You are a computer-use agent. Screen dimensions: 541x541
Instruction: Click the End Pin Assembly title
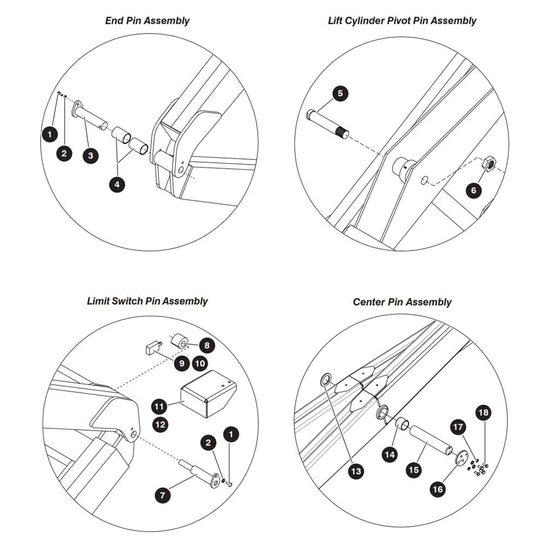point(147,21)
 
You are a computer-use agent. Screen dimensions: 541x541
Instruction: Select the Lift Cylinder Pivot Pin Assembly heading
point(402,21)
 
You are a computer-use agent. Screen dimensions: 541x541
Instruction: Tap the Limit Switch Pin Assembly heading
point(147,301)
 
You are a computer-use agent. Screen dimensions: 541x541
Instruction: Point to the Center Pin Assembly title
point(402,302)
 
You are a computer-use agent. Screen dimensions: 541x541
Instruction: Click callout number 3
point(91,155)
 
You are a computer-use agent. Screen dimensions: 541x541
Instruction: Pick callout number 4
point(117,184)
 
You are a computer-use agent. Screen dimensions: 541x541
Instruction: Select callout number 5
point(340,94)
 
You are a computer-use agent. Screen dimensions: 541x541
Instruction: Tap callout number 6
point(474,190)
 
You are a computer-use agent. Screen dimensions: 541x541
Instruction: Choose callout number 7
point(162,496)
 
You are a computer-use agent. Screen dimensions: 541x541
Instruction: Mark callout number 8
point(207,345)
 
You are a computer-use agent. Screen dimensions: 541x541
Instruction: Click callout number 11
point(159,406)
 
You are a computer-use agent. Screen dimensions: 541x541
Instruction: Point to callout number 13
point(356,471)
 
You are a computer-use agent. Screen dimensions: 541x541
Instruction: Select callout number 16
point(438,489)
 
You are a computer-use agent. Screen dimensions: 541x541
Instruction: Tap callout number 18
point(483,412)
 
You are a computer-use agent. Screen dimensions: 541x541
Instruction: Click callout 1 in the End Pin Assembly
point(50,134)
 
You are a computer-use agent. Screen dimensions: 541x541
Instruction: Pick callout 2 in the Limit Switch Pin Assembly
point(208,443)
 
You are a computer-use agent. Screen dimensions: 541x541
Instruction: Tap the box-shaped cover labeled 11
point(208,393)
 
